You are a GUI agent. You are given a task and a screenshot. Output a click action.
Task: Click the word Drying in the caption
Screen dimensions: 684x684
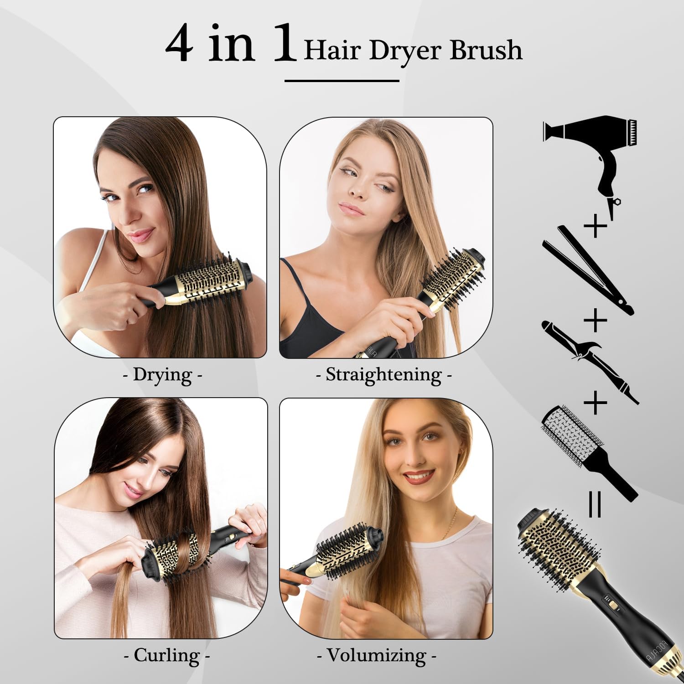tap(162, 375)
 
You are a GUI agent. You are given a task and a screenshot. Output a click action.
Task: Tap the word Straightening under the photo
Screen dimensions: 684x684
tap(383, 375)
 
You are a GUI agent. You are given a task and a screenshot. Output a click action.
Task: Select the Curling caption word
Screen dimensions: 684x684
tap(167, 655)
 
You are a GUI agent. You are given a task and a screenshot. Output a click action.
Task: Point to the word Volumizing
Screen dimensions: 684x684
tap(377, 655)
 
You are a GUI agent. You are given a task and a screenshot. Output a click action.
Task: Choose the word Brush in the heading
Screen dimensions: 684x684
tap(486, 50)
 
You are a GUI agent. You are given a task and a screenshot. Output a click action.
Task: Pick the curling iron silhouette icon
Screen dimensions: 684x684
tap(588, 360)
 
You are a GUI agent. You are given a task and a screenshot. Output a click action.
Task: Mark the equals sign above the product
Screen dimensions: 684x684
tap(595, 504)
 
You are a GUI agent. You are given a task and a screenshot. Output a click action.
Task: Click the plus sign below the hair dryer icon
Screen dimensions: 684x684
tap(596, 226)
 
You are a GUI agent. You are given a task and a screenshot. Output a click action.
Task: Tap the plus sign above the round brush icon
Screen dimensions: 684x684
tap(596, 402)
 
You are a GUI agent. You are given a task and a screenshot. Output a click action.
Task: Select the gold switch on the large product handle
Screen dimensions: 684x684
tap(615, 606)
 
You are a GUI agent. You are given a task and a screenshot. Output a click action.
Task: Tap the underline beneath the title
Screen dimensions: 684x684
tap(342, 81)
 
